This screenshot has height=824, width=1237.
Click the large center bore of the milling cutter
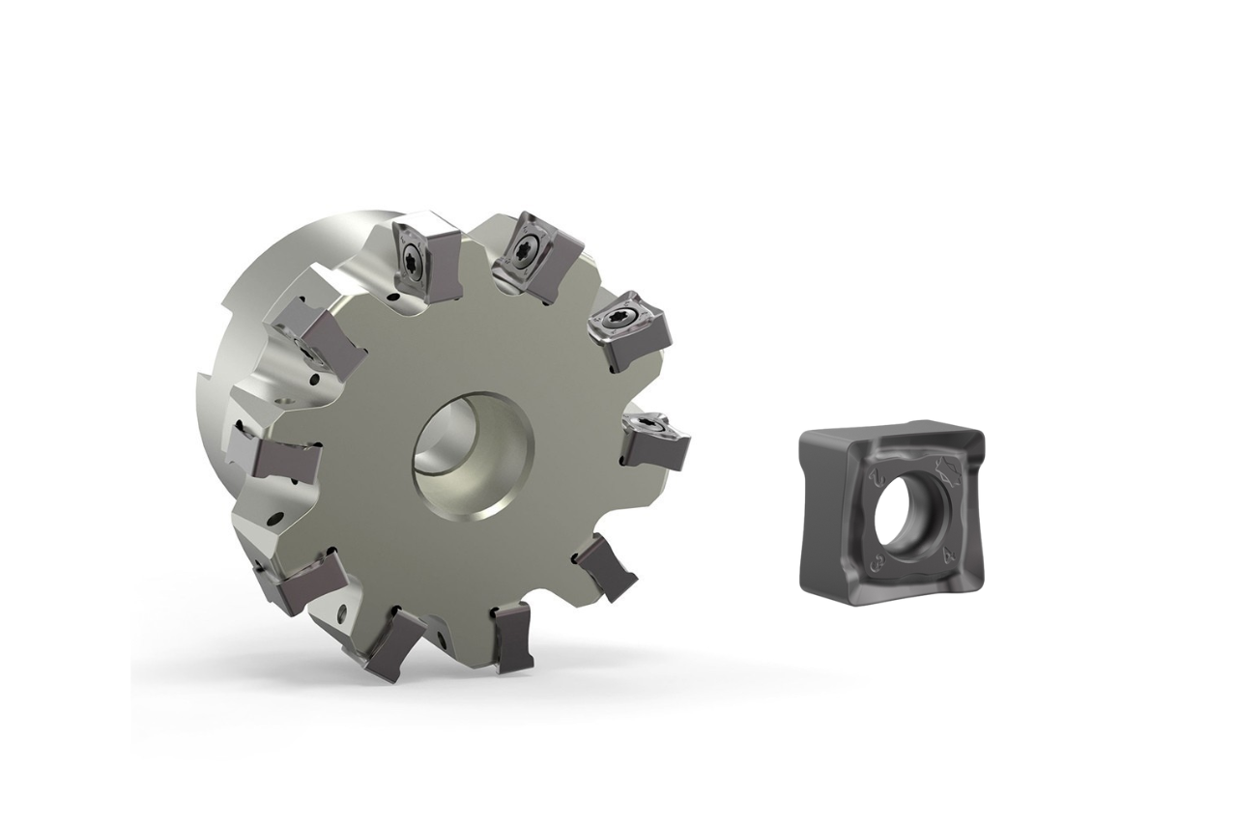[x=474, y=446]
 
